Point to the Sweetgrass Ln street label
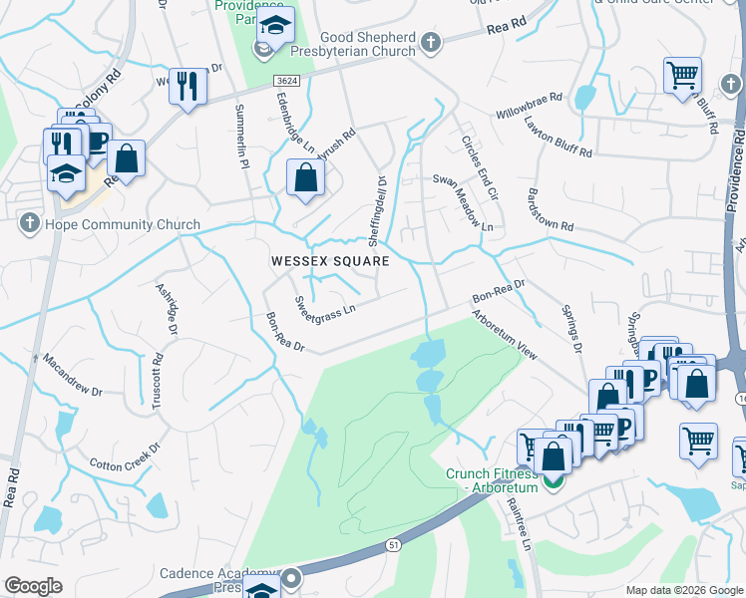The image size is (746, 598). pyautogui.click(x=325, y=305)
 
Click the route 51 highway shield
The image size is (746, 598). pyautogui.click(x=394, y=545)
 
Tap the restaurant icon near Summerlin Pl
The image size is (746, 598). pyautogui.click(x=186, y=85)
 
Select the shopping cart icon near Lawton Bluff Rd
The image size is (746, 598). pyautogui.click(x=682, y=75)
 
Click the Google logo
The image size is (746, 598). pyautogui.click(x=33, y=586)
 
